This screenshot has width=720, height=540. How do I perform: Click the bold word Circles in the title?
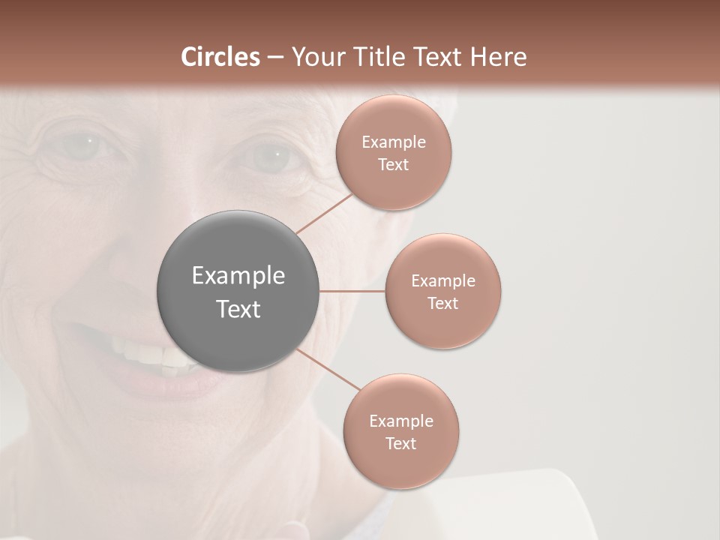click(220, 57)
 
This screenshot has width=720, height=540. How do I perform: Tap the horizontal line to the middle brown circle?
click(352, 291)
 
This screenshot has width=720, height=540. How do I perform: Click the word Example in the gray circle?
click(238, 276)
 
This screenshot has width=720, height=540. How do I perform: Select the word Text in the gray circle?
click(238, 309)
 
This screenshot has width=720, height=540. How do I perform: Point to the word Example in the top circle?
click(394, 142)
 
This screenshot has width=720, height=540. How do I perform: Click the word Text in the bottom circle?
click(401, 443)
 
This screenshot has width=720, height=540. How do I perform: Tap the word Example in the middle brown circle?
click(443, 281)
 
